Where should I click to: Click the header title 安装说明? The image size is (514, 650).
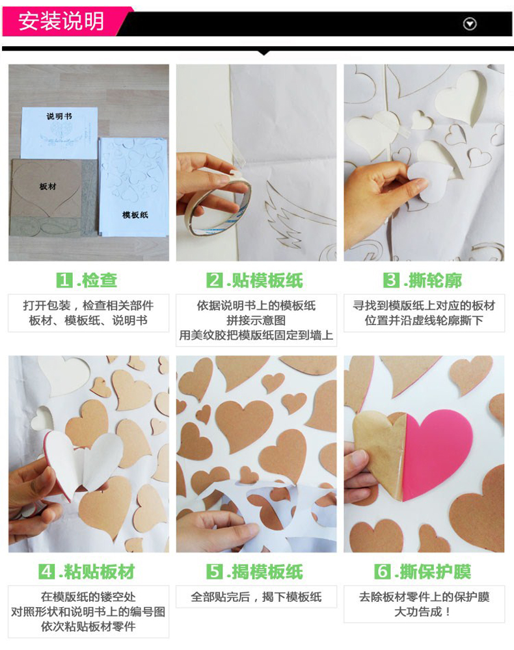(x=61, y=21)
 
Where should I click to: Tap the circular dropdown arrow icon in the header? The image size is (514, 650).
(x=470, y=24)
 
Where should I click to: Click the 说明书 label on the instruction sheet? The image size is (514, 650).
(x=59, y=116)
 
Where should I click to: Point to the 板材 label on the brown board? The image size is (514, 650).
(x=47, y=187)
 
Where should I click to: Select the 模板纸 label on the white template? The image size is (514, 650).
(x=135, y=214)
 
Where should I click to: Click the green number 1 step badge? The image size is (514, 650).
(x=64, y=280)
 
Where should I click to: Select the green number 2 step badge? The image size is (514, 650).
(x=215, y=280)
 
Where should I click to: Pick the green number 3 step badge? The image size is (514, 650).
(x=391, y=280)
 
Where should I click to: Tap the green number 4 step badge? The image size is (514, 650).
(x=46, y=571)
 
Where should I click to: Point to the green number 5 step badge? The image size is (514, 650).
(x=215, y=571)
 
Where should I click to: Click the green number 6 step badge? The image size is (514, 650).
(x=382, y=571)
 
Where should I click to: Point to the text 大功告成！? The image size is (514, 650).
(x=424, y=612)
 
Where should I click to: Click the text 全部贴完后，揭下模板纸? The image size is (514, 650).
(x=256, y=597)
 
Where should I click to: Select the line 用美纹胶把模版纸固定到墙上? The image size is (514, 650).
(x=256, y=335)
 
